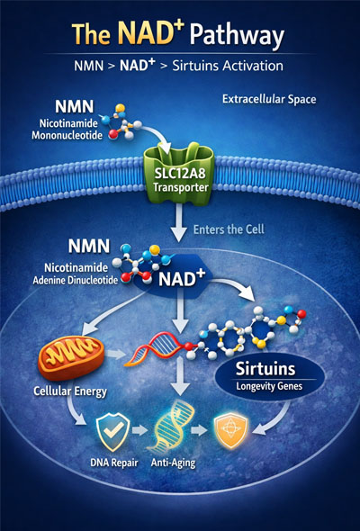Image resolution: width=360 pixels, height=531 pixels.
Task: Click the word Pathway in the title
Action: tap(237, 36)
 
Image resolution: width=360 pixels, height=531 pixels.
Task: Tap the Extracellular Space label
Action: tap(269, 99)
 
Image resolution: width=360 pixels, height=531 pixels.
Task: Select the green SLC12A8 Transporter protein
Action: tap(179, 174)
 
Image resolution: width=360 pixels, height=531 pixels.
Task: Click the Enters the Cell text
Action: tap(229, 229)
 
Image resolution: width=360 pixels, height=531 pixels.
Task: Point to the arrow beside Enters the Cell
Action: tap(178, 222)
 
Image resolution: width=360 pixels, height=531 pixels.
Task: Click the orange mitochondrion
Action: tap(71, 357)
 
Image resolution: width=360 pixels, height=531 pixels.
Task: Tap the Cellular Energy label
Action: tap(70, 391)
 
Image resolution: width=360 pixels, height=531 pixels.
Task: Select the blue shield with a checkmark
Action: tap(112, 431)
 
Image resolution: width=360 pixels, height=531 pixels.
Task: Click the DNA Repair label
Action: tap(114, 463)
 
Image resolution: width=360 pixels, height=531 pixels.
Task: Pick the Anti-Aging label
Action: tap(173, 463)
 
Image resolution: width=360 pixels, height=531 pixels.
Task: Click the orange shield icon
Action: tap(231, 430)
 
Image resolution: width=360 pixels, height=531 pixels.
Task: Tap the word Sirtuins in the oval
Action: tap(265, 369)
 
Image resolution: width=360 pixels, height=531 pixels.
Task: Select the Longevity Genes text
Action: tap(269, 386)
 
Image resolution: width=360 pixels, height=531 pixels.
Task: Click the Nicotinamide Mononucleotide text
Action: tap(67, 129)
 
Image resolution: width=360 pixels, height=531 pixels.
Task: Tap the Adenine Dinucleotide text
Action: tap(76, 281)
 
